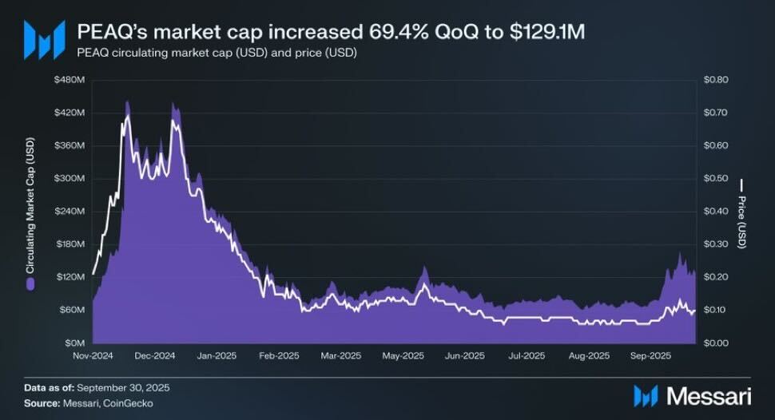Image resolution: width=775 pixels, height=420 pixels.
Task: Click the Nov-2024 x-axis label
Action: click(91, 355)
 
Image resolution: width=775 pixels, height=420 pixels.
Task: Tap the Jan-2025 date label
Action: click(216, 355)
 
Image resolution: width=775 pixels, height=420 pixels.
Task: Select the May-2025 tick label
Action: click(402, 355)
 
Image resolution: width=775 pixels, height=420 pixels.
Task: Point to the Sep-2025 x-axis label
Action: click(650, 355)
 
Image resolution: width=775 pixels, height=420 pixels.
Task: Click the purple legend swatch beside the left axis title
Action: click(30, 283)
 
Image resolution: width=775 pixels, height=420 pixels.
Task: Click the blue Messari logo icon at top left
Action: click(44, 39)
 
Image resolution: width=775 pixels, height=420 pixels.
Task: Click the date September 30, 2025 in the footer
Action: click(120, 387)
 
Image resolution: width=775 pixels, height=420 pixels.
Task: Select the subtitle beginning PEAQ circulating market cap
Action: click(217, 53)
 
